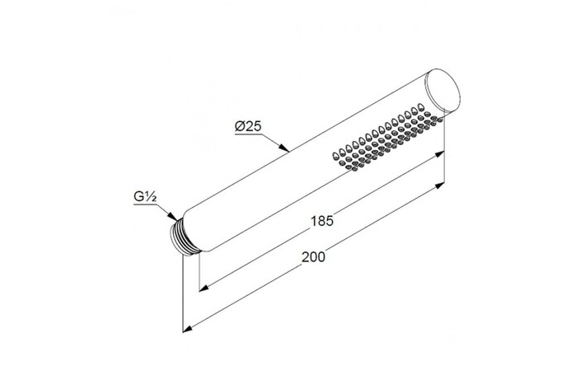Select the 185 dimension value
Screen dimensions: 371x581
pyautogui.click(x=322, y=221)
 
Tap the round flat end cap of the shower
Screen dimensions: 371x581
pyautogui.click(x=443, y=93)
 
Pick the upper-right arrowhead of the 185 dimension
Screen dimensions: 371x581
pyautogui.click(x=444, y=153)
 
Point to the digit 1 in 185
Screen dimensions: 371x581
pyautogui.click(x=314, y=221)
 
